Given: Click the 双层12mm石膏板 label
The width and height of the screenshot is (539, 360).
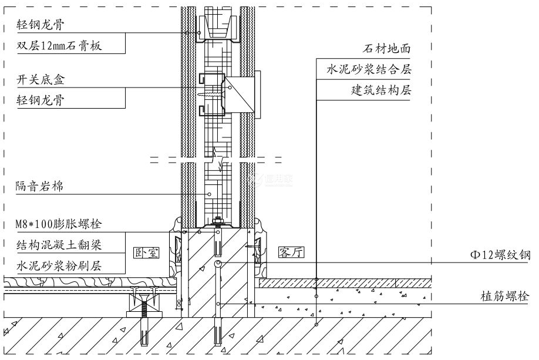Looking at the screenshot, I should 60,46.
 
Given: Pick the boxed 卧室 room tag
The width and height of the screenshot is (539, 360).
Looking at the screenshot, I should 147,253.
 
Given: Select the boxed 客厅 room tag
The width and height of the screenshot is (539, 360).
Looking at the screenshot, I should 289,253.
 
